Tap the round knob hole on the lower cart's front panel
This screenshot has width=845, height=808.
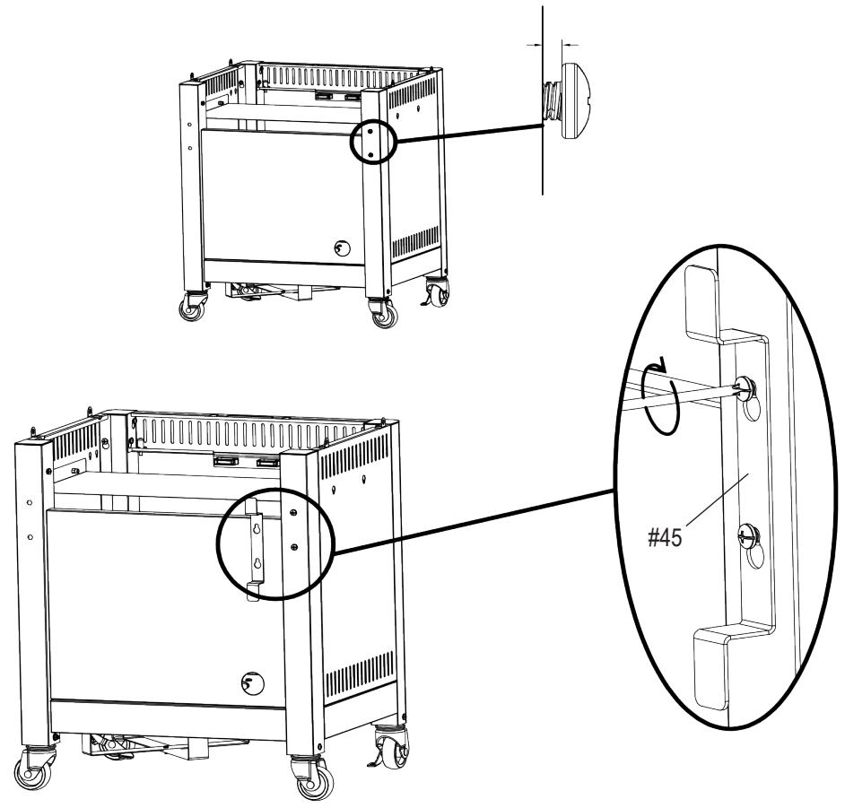pyautogui.click(x=254, y=683)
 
